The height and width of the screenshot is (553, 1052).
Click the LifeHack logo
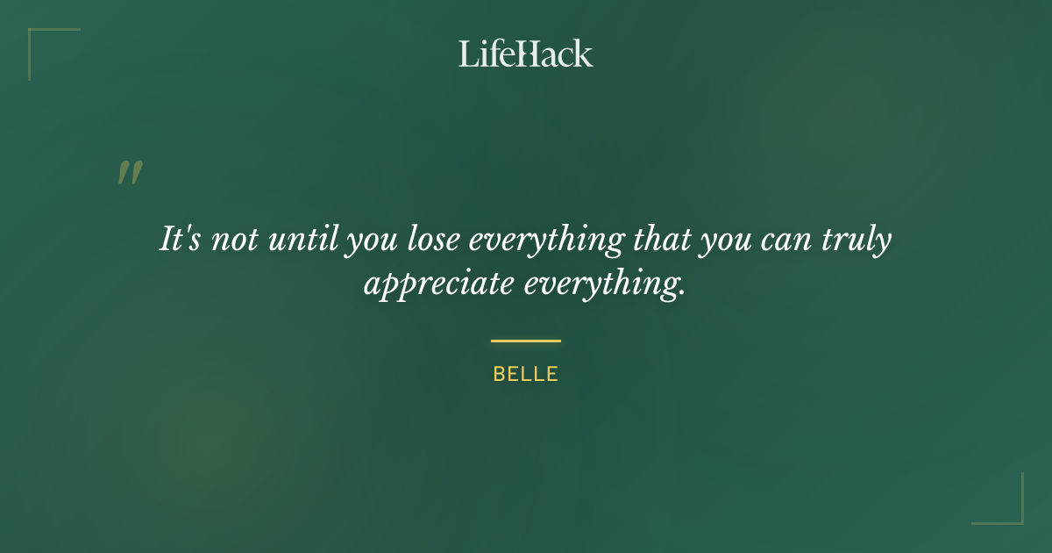pos(526,54)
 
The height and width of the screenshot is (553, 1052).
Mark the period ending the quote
pos(681,294)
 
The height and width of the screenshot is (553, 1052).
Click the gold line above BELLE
pos(526,341)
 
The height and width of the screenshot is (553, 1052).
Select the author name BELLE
pos(526,374)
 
